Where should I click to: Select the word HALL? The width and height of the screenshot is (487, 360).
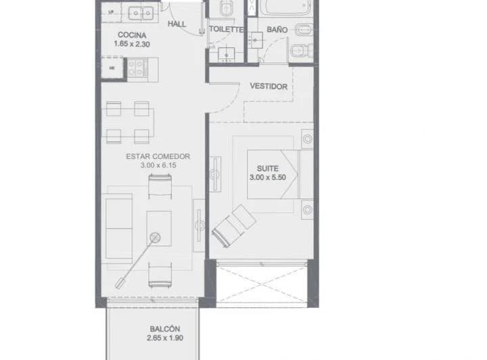[177, 24]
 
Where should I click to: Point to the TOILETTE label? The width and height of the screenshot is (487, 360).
[226, 30]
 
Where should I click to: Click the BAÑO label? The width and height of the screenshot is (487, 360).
[277, 30]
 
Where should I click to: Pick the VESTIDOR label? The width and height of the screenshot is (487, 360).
[269, 87]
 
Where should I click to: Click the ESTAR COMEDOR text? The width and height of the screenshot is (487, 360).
[158, 156]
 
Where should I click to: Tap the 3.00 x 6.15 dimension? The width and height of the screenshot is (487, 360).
[158, 166]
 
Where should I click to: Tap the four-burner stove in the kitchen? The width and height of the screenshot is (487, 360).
[137, 66]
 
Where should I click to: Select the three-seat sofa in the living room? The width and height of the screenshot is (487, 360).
[118, 221]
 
